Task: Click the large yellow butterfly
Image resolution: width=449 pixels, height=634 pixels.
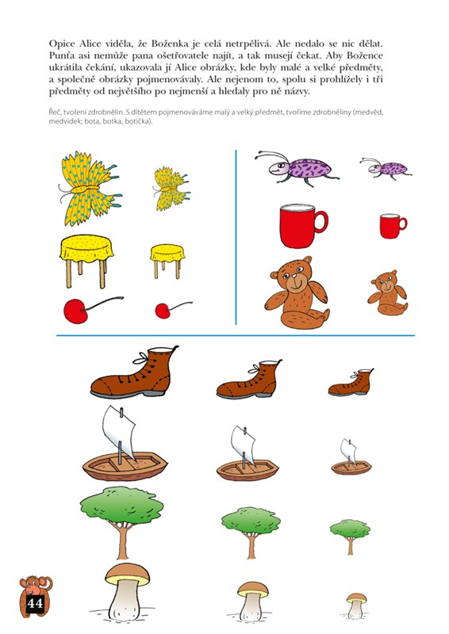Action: (90, 189)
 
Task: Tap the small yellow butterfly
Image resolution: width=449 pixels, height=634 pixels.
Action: (171, 189)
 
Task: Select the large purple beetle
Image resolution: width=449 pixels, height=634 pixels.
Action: (297, 167)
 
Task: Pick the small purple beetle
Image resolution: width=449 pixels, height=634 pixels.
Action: (386, 168)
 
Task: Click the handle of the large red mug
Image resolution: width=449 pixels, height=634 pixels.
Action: (321, 222)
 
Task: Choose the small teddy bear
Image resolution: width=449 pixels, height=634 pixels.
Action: (388, 293)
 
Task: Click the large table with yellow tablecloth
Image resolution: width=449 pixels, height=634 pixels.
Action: (86, 261)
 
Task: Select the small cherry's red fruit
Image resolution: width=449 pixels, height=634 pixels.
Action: (163, 311)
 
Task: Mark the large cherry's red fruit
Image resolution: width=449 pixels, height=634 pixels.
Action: (75, 311)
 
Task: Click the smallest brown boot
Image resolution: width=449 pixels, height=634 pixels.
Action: (351, 383)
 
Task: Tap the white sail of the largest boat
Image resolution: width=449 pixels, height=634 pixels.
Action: (119, 432)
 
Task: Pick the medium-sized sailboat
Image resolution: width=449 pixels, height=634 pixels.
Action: (248, 454)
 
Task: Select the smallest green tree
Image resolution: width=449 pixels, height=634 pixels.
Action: (350, 537)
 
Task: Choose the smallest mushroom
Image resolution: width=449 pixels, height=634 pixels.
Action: (356, 605)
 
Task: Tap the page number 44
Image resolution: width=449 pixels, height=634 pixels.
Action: (35, 603)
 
